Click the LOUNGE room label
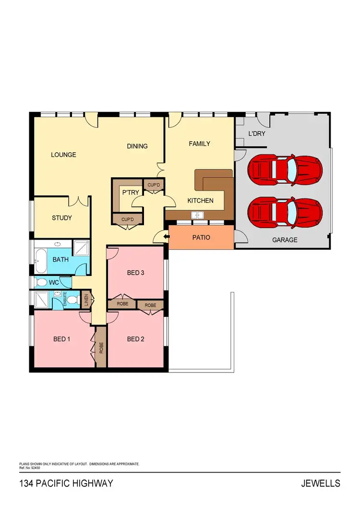[x=64, y=155]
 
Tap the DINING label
[x=137, y=146]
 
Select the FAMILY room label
[x=199, y=144]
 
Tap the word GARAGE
[x=285, y=240]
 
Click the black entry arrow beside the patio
[x=165, y=236]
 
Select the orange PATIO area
[x=201, y=237]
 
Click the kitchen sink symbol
[x=198, y=216]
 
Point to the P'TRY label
[x=130, y=192]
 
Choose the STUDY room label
[x=62, y=218]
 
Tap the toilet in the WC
[x=42, y=282]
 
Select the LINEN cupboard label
[x=86, y=300]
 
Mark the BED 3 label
[x=136, y=273]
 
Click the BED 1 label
[x=62, y=339]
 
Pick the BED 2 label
[x=136, y=339]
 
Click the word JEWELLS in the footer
[x=321, y=483]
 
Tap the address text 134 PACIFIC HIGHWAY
[x=66, y=483]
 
